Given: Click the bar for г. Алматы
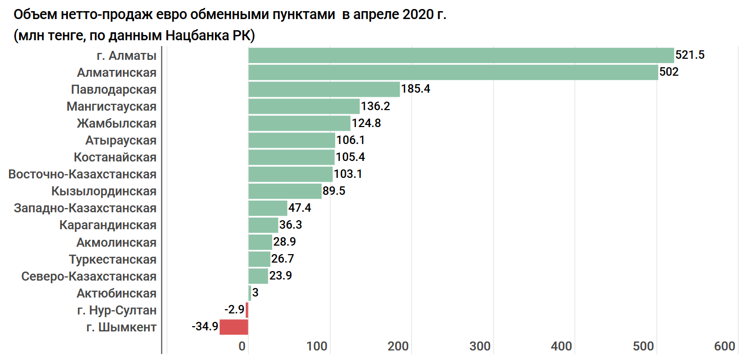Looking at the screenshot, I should [461, 56].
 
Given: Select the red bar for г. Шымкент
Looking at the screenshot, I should [234, 327].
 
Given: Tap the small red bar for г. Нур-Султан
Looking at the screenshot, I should [247, 310].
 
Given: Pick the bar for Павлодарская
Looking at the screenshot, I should [324, 89].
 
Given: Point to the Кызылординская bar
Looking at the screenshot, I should [285, 191].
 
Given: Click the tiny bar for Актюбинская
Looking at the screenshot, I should [250, 293].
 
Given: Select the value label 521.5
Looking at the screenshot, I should [690, 55].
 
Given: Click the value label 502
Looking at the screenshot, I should [669, 72].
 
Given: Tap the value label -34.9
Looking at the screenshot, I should [205, 327].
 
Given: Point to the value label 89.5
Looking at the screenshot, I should [334, 191].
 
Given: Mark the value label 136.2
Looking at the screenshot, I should [375, 106].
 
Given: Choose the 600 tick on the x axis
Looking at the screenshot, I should [725, 346].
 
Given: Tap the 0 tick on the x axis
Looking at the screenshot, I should [244, 346].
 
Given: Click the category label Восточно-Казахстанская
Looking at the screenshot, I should [83, 174].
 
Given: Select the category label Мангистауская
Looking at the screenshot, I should [112, 106].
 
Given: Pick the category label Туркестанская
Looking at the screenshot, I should [113, 259].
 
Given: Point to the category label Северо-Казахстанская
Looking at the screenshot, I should [89, 276].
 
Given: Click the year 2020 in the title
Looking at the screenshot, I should [418, 14].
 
